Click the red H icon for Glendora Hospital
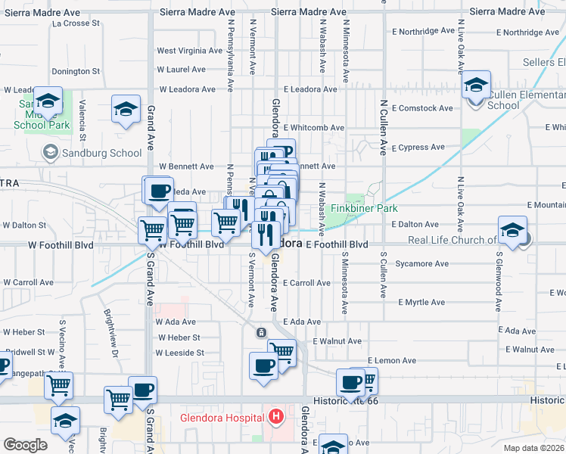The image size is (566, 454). [x=276, y=416]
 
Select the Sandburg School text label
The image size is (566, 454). [x=103, y=153]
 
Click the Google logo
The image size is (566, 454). [x=25, y=445]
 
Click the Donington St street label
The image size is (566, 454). [x=76, y=71]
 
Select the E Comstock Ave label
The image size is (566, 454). [x=422, y=108]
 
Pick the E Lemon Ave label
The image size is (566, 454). [x=392, y=360]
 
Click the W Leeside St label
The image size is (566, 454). [x=180, y=353]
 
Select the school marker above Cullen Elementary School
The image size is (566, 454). [x=476, y=85]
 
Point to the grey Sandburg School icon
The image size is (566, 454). [x=50, y=153]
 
